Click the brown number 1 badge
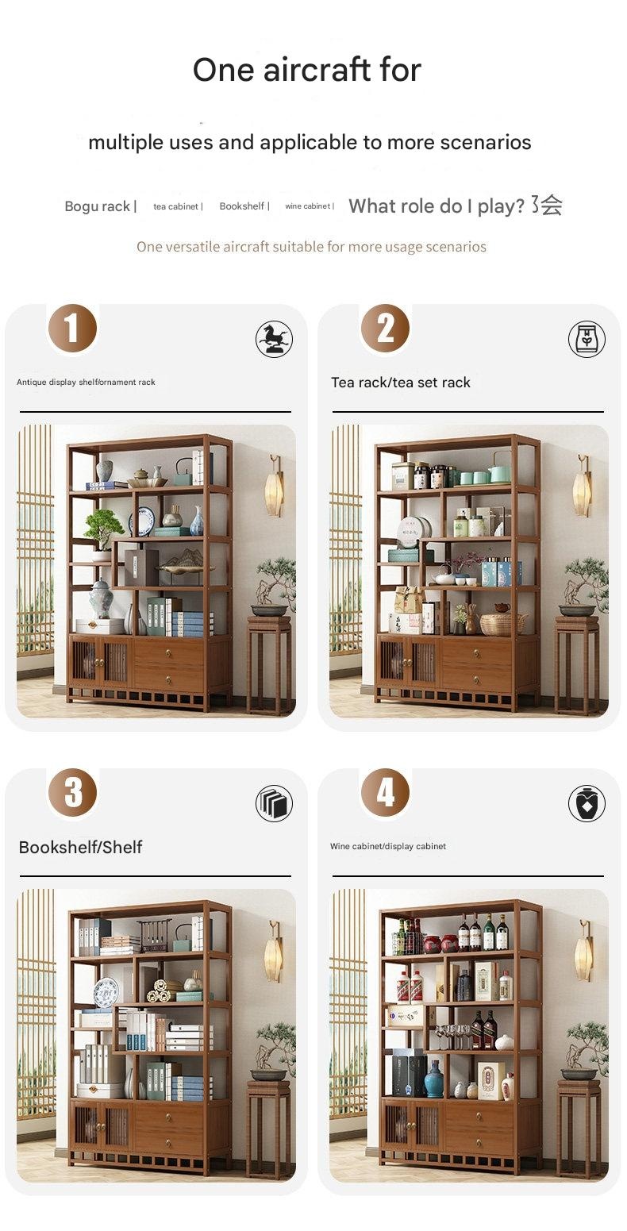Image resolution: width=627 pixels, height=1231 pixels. point(72,328)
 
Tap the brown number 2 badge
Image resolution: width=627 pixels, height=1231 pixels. point(385,328)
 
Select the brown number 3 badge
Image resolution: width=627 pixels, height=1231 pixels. point(72,792)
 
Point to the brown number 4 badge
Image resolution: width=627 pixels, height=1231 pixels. point(385,792)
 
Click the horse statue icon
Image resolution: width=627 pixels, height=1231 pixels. point(274,339)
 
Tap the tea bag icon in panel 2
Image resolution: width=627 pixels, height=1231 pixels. point(587,339)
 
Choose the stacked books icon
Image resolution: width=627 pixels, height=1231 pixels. point(274,803)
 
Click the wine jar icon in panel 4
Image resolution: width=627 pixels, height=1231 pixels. point(587,803)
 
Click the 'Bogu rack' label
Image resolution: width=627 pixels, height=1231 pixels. point(98,206)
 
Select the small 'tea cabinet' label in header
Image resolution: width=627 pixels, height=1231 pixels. point(175,206)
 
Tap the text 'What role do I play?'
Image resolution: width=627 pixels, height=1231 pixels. point(437,206)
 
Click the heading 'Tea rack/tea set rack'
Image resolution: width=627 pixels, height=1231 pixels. point(401,383)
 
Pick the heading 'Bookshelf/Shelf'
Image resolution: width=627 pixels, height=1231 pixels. point(80,847)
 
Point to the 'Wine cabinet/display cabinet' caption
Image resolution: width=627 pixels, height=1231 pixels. point(388,846)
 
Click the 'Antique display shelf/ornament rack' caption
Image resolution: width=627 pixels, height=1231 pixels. point(86,382)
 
